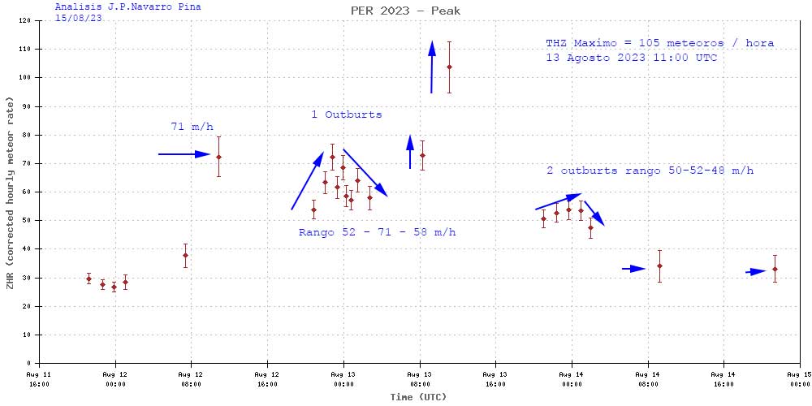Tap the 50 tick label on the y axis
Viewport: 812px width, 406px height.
(28, 221)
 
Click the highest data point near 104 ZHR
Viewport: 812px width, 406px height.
(449, 67)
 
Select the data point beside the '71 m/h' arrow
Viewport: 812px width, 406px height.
(218, 156)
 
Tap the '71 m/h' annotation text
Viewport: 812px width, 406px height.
(192, 127)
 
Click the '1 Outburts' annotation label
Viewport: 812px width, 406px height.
(346, 114)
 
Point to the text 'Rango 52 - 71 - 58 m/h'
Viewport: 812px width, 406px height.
(377, 233)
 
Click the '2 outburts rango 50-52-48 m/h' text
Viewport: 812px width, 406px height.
(650, 171)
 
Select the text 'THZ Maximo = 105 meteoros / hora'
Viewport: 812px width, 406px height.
(659, 43)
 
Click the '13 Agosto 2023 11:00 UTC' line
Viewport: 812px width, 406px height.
(631, 58)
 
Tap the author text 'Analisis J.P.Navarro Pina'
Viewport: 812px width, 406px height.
(127, 6)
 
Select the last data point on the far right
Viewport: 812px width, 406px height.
(775, 269)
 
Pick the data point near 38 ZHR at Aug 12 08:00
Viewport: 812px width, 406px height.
(185, 255)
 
